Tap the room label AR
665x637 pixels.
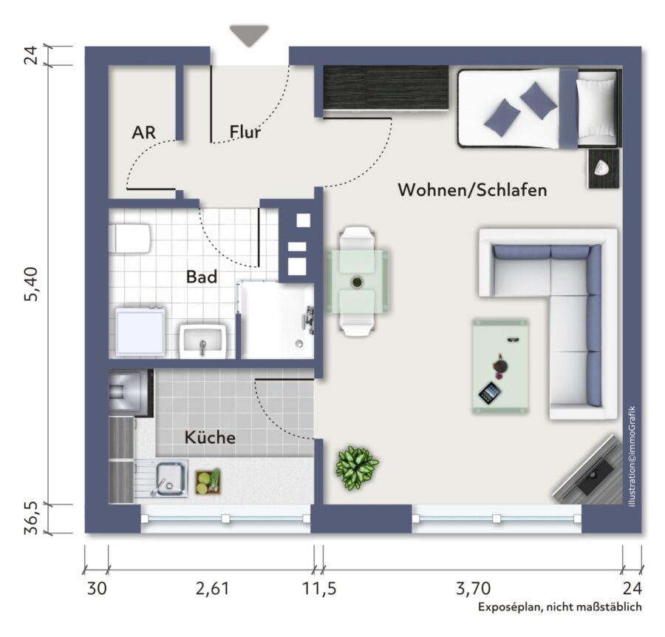(144, 132)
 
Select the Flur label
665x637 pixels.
(245, 132)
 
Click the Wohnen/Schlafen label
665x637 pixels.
(472, 190)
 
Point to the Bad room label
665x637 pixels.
(202, 277)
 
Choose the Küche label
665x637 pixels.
(210, 437)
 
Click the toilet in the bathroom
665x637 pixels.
(130, 239)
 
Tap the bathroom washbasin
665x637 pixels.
(202, 341)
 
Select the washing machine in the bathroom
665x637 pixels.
(140, 331)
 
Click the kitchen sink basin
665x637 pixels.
(171, 478)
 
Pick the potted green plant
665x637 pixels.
(357, 467)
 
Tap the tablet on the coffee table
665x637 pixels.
(490, 394)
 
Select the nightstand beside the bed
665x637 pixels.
(604, 169)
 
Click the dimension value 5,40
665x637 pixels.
(32, 284)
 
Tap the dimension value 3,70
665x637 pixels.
(473, 589)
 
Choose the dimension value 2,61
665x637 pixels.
(213, 589)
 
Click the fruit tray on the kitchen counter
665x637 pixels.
(208, 482)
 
